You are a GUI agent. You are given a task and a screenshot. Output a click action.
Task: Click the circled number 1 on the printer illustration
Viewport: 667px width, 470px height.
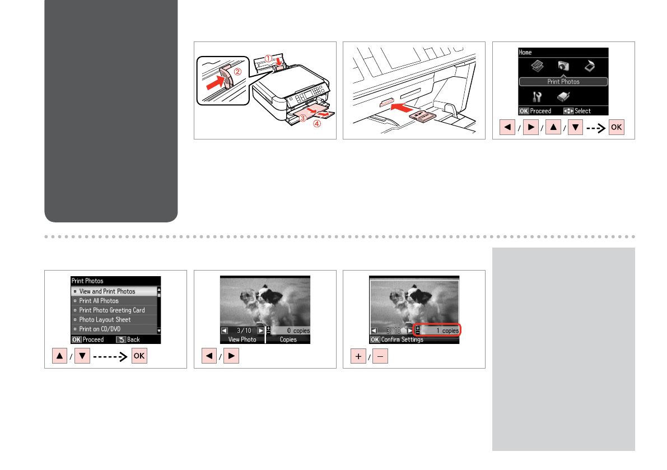coord(268,59)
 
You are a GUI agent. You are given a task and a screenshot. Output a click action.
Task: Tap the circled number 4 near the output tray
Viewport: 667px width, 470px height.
coord(317,124)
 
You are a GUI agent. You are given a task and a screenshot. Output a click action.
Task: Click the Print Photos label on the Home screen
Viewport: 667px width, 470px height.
coord(563,82)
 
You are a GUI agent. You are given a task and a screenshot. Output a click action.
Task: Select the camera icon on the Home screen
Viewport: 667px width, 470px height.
coord(563,66)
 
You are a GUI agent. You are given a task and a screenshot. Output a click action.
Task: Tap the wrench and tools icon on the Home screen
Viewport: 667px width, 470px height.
coord(537,97)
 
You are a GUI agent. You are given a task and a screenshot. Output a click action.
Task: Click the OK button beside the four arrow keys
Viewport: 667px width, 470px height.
coord(617,127)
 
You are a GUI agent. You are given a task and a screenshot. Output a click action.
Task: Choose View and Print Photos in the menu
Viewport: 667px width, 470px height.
coord(107,291)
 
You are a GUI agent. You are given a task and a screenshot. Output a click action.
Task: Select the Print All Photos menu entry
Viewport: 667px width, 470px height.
coord(99,301)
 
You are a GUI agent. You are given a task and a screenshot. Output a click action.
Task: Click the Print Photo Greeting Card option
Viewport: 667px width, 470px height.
coord(112,310)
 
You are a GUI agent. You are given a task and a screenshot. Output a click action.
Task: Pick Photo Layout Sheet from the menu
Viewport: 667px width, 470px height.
coord(105,319)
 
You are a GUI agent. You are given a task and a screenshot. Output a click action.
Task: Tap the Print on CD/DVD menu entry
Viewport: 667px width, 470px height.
coord(100,329)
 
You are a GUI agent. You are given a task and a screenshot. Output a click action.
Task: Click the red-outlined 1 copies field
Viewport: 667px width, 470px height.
coord(437,330)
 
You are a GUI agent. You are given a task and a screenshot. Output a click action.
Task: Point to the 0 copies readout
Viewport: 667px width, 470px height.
coord(298,331)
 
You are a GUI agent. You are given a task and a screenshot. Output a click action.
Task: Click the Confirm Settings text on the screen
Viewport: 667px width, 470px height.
coord(402,339)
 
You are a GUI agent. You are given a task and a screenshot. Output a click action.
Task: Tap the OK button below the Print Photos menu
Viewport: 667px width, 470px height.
coord(139,356)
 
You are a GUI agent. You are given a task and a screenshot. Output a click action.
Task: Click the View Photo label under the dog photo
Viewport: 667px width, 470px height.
coord(242,339)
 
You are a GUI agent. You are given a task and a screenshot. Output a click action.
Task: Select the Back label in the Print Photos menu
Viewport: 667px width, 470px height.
coord(133,339)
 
